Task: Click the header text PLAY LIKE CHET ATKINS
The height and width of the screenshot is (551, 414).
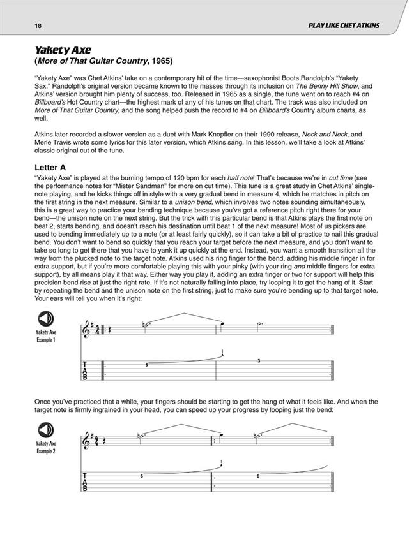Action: [344, 26]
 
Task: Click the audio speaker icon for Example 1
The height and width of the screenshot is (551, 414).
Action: [46, 320]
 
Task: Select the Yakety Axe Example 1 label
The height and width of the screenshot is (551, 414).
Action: [46, 336]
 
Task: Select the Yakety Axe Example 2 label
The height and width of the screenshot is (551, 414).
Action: [46, 446]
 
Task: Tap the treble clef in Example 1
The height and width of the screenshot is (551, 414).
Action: [88, 330]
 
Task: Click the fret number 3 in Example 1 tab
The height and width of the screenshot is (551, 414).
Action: [259, 361]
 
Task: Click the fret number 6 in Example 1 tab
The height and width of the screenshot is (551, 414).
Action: [146, 364]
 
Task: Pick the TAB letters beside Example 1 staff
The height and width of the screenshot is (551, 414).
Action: [87, 371]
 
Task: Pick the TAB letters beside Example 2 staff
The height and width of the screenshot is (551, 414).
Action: [87, 482]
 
